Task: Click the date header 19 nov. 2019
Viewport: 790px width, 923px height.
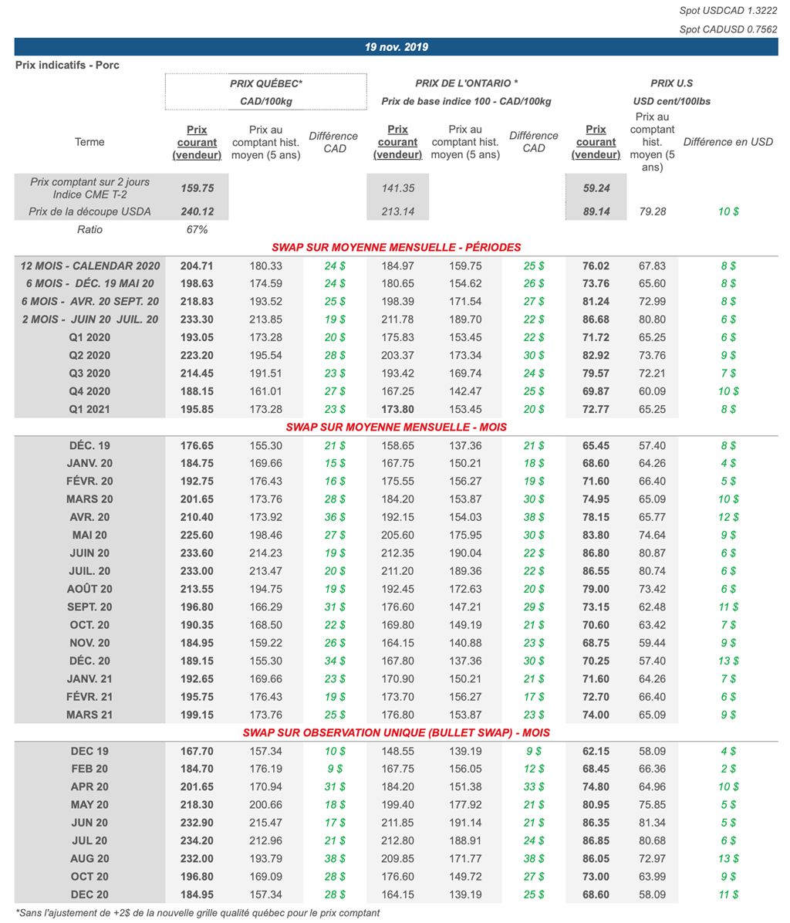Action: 396,47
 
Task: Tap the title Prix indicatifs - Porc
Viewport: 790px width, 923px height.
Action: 67,66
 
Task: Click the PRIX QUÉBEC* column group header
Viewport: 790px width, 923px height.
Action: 266,83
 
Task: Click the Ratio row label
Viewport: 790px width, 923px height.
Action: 89,229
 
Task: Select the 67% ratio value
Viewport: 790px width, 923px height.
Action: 197,229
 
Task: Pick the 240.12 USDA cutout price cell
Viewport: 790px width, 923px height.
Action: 197,211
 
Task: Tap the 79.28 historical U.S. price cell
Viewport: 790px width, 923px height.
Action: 652,211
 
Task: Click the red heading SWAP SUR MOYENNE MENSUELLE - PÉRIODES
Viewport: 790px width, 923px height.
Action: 396,248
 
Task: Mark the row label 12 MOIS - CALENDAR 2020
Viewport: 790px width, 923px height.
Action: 89,265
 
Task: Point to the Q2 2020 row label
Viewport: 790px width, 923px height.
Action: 89,355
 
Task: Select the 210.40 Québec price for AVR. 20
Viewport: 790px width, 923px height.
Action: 197,517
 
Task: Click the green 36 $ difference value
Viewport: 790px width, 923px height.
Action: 335,517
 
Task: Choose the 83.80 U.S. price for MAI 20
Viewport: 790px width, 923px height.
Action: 596,535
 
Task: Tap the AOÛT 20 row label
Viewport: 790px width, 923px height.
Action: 89,589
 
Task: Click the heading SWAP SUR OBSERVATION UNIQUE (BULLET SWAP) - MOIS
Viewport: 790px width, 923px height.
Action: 396,732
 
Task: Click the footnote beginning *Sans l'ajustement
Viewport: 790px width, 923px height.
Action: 197,913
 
